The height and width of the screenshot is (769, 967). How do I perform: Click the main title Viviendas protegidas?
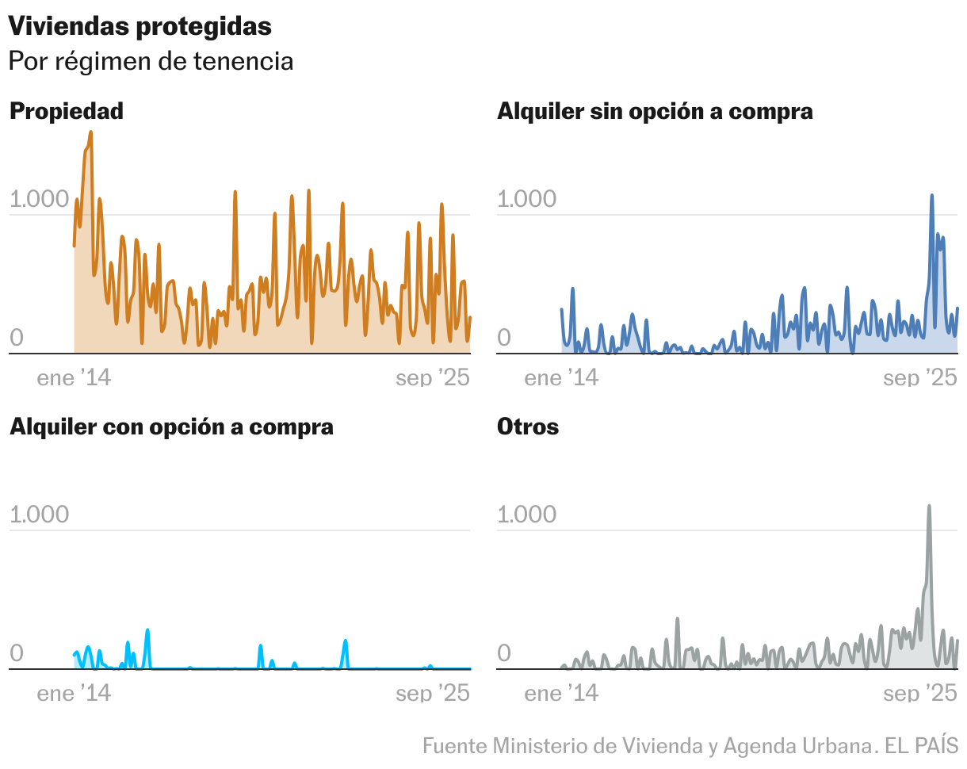(x=140, y=26)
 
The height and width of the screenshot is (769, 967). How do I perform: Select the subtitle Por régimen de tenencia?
(x=151, y=61)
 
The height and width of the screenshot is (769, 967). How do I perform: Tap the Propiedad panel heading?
(x=67, y=111)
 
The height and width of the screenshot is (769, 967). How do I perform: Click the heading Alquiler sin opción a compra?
(x=655, y=111)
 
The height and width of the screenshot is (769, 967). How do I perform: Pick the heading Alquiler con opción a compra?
(x=171, y=427)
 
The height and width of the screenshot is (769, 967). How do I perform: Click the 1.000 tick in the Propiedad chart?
(x=39, y=199)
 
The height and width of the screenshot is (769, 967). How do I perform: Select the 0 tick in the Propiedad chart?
(x=17, y=339)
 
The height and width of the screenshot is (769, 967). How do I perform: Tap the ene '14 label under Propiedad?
(x=74, y=378)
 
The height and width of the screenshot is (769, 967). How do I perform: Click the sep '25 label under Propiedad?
(x=433, y=378)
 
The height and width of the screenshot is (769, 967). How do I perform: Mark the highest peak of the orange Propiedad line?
(x=90, y=133)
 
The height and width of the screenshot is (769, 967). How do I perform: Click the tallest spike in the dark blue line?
(x=932, y=195)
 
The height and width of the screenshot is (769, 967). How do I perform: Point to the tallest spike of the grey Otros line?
(x=929, y=506)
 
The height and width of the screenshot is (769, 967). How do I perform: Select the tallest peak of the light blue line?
(x=147, y=630)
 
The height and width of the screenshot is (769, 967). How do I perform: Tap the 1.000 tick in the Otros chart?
(x=526, y=515)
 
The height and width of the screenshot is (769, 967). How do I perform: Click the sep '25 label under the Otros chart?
(x=920, y=694)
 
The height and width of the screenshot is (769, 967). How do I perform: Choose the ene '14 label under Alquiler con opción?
(x=74, y=694)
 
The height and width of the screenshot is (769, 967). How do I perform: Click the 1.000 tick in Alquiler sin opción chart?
(x=526, y=199)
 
